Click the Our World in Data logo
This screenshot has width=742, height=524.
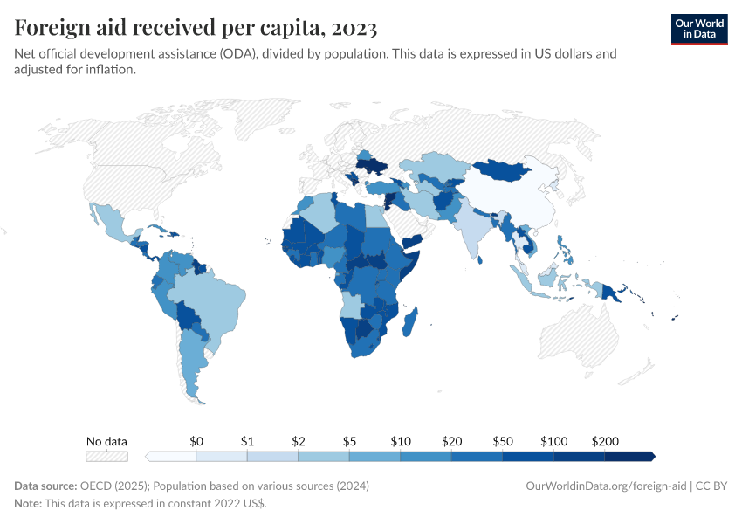pyautogui.click(x=698, y=29)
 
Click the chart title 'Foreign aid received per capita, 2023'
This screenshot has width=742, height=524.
pyautogui.click(x=196, y=28)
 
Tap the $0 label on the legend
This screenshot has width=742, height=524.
pyautogui.click(x=196, y=441)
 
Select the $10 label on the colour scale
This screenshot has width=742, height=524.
pyautogui.click(x=400, y=441)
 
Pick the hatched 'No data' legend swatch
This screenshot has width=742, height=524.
pyautogui.click(x=106, y=456)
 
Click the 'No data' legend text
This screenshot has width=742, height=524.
pyautogui.click(x=106, y=441)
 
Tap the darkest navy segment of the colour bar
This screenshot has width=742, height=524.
pyautogui.click(x=629, y=456)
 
